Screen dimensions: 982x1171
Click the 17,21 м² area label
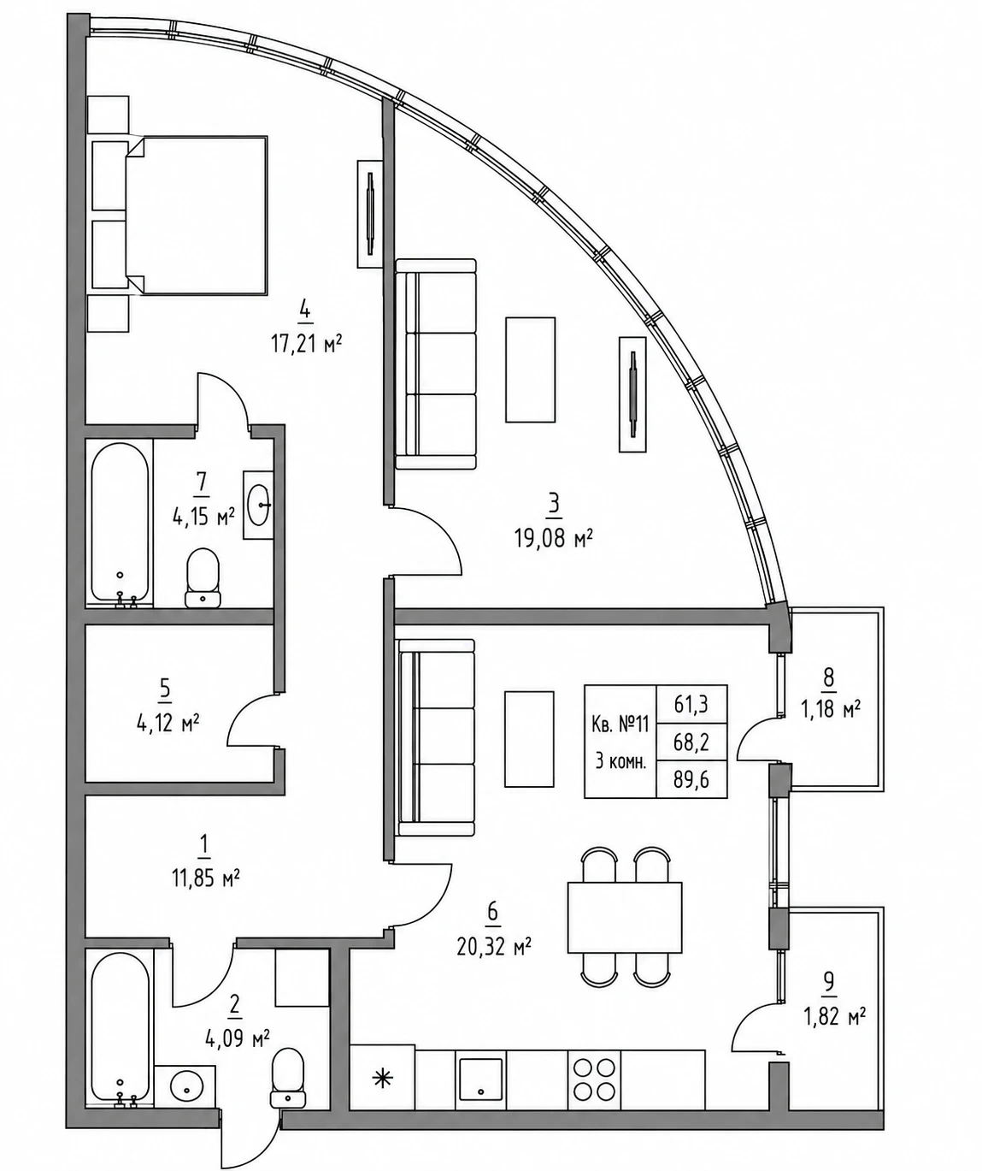pos(307,344)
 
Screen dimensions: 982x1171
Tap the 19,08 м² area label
pos(553,540)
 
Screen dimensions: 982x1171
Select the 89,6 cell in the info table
pos(691,779)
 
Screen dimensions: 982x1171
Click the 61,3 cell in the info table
pos(691,704)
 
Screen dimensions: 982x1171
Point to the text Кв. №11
pos(620,724)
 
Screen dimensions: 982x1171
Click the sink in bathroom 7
pos(258,505)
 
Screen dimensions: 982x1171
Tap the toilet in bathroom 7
pos(203,577)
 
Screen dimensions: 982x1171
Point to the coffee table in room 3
pos(530,370)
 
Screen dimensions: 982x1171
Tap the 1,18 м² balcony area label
pos(830,709)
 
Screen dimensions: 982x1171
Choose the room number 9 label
pos(829,982)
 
